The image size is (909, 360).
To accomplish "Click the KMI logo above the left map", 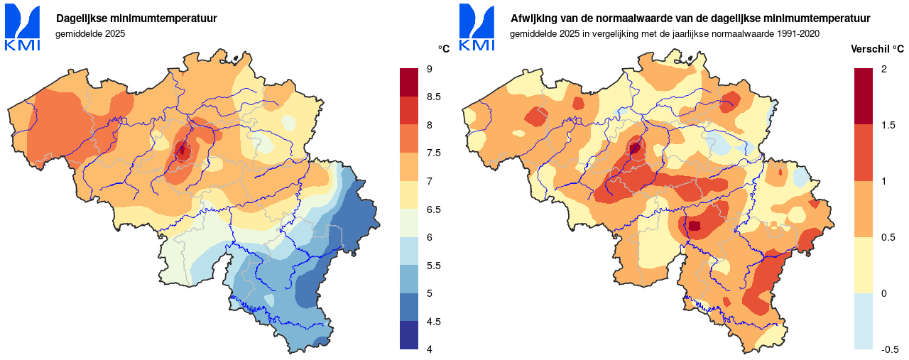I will (23, 28).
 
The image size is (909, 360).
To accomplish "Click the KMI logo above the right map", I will (477, 28).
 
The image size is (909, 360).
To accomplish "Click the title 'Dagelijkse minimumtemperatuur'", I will (136, 18).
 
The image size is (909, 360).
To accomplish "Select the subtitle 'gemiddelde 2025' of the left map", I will (90, 33).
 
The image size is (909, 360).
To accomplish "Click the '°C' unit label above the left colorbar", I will (444, 49).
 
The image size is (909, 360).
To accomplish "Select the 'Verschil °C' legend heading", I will (878, 49).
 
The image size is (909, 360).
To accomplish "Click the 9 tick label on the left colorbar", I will (430, 68).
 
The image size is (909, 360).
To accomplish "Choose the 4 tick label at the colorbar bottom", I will (430, 349).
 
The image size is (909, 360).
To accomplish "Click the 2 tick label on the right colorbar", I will (884, 68).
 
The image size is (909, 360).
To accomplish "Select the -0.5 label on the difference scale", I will (891, 349).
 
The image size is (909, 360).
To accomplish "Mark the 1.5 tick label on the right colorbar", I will (888, 125).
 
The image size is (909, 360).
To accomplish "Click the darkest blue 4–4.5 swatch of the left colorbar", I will (410, 335).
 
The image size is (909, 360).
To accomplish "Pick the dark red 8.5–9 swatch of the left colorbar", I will (410, 82).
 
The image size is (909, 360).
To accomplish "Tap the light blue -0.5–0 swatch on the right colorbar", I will (864, 321).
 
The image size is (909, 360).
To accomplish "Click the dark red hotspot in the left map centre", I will (182, 150).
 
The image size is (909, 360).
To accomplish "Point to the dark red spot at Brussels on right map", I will (635, 148).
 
